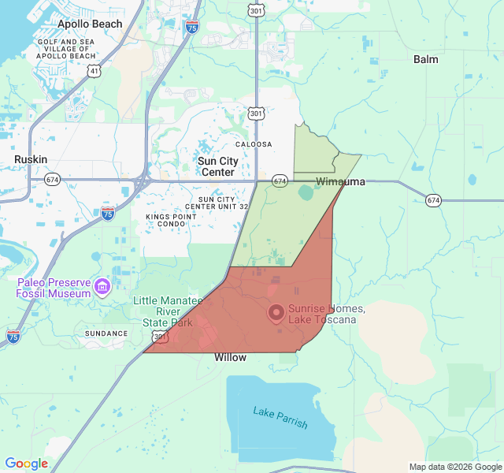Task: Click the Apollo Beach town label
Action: click(91, 24)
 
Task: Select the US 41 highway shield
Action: click(94, 71)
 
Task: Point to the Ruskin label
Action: click(31, 159)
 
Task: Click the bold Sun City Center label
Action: click(218, 166)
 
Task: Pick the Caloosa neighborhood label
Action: click(254, 144)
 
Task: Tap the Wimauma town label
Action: click(340, 182)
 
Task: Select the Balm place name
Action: click(426, 59)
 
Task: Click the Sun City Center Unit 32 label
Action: click(223, 203)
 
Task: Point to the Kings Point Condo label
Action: click(172, 220)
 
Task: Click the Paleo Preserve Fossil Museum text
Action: click(53, 288)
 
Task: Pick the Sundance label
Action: click(106, 333)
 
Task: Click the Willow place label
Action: click(230, 358)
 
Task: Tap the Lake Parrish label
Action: click(280, 417)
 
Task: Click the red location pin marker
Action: click(276, 313)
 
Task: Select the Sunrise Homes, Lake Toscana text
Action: click(321, 314)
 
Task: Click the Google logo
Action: click(26, 464)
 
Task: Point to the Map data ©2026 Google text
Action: click(454, 467)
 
